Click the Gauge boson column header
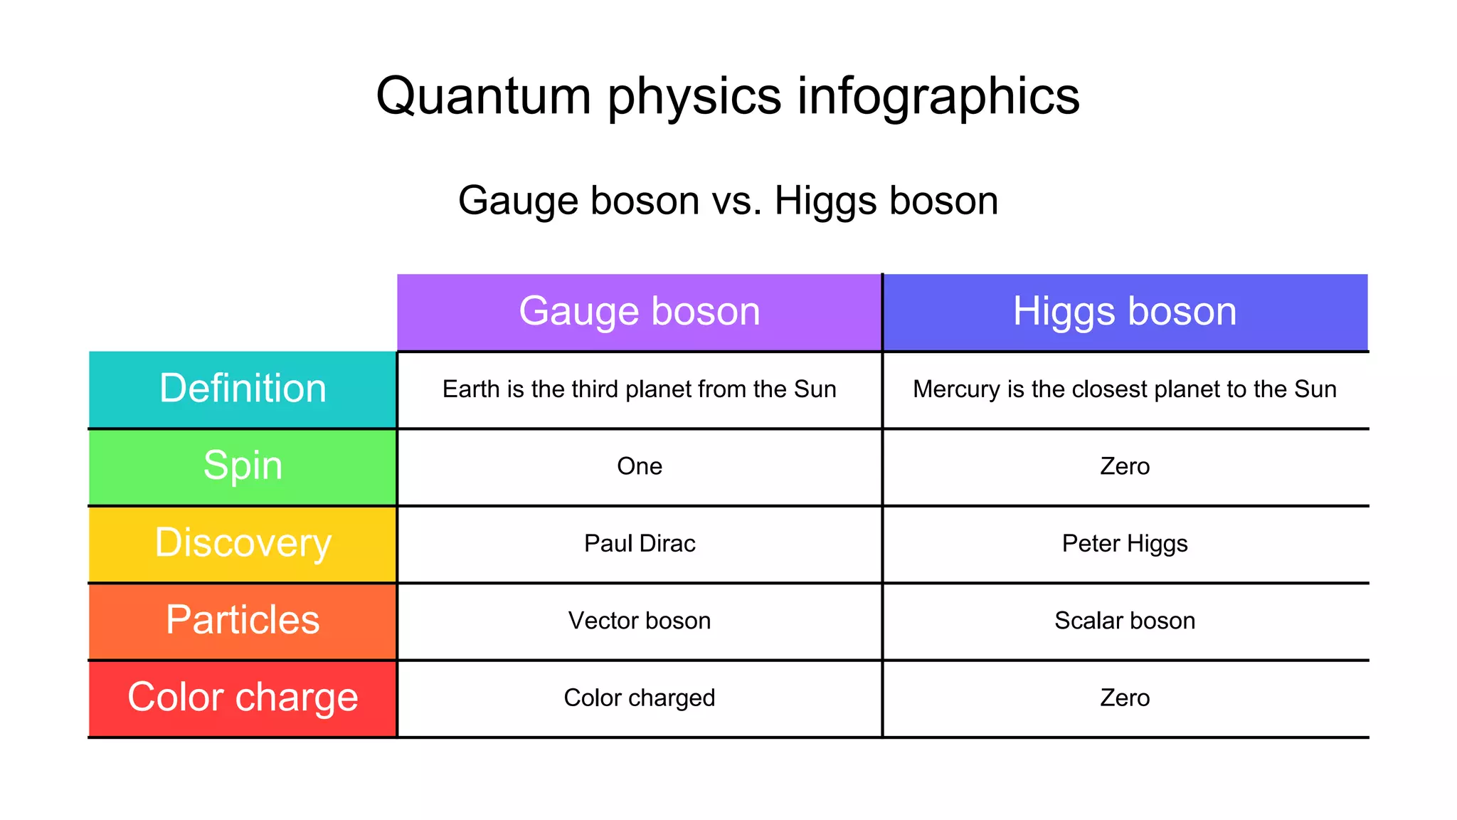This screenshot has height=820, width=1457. click(639, 312)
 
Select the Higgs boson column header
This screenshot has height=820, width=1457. click(1124, 312)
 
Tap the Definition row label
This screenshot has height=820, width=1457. click(243, 389)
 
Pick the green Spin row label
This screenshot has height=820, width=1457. click(243, 466)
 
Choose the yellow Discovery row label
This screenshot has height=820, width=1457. click(243, 543)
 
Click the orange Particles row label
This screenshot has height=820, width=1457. click(243, 620)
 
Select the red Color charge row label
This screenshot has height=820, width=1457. click(243, 698)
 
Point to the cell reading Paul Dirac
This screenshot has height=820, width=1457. click(639, 544)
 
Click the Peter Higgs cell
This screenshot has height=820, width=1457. click(1124, 544)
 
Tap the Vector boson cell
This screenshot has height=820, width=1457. click(639, 621)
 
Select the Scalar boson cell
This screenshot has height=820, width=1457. click(1124, 621)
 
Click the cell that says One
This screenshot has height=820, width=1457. click(639, 466)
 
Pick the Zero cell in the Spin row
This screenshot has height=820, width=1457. click(1124, 466)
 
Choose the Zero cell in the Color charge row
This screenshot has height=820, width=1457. click(1124, 698)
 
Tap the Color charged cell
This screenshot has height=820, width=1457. click(639, 698)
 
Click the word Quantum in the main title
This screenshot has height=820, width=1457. click(484, 96)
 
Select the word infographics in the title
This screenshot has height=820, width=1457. click(938, 96)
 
